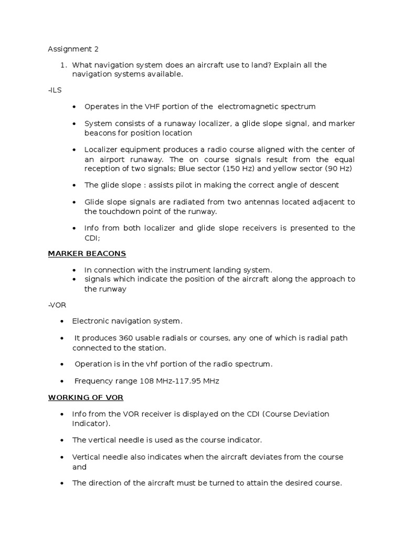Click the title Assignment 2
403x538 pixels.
pos(73,49)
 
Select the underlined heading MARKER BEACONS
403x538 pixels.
pos(87,253)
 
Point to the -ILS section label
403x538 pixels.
pos(55,90)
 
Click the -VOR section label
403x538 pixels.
pos(57,304)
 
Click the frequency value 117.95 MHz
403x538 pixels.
pos(195,381)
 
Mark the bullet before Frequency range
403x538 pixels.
pos(63,381)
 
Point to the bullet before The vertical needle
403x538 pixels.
pos(63,440)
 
